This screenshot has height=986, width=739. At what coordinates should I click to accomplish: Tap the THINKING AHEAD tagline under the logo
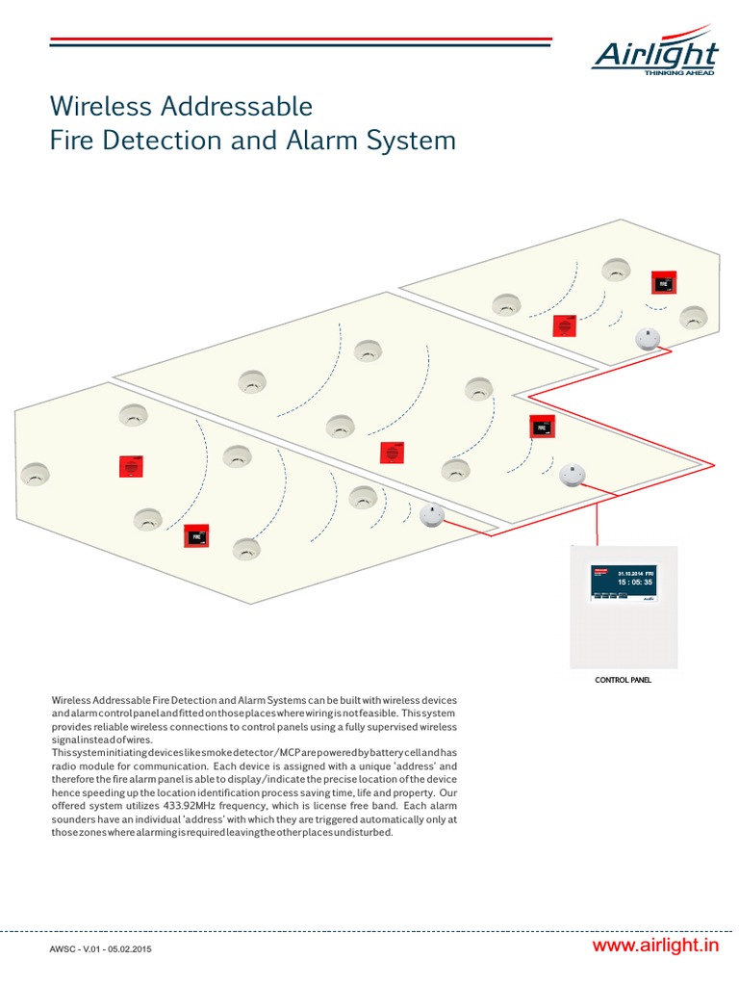pos(678,72)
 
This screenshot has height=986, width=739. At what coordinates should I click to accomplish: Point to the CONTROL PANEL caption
pos(623,680)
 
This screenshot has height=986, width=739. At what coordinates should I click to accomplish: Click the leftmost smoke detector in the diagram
pos(35,474)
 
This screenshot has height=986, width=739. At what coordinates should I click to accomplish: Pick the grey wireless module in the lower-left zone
pos(431,516)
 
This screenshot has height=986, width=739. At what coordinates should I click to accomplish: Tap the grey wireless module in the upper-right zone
pos(648,337)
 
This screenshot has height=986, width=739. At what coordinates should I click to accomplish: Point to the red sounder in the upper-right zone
pos(564,325)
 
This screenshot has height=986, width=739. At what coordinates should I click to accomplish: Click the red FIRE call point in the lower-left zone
pos(197,534)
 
